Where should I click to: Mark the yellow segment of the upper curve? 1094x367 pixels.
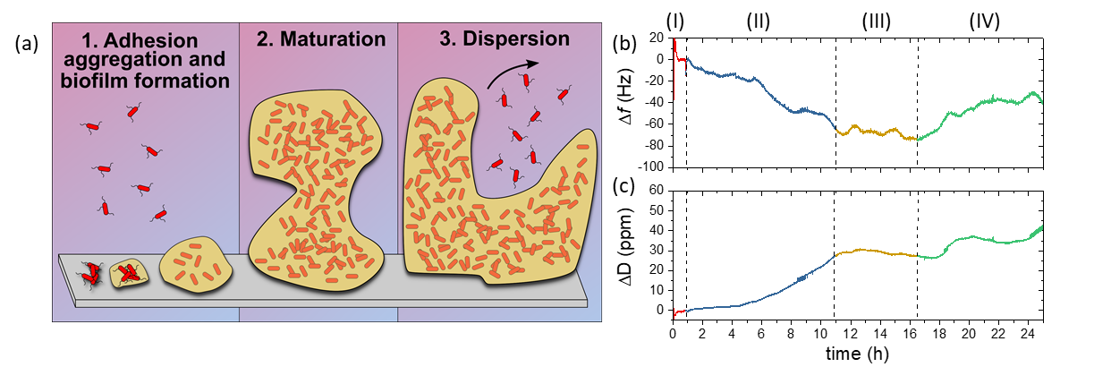[x=877, y=132]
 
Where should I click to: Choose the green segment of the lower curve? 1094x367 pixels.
[x=984, y=239]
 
